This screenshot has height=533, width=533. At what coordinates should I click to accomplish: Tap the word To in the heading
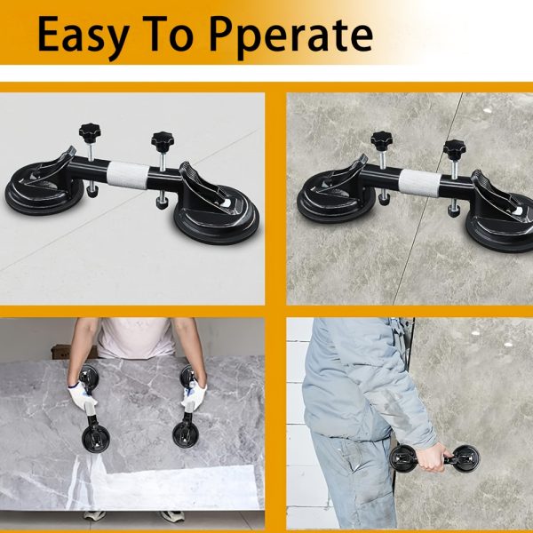click(170, 34)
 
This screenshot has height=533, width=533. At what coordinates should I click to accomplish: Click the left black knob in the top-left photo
click(91, 133)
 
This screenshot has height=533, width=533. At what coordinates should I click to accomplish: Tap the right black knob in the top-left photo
click(163, 140)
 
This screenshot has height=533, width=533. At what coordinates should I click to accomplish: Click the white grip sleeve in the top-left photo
click(128, 174)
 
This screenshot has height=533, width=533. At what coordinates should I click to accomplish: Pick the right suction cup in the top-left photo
click(217, 218)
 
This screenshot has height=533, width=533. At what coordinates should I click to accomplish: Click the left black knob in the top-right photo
click(381, 139)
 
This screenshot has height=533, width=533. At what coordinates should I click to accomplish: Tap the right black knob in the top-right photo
click(455, 148)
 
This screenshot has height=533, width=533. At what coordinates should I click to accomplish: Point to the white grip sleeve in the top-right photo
click(420, 182)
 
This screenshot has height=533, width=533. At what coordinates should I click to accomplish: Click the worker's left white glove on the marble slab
click(82, 396)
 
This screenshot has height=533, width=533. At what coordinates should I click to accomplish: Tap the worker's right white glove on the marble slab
click(194, 397)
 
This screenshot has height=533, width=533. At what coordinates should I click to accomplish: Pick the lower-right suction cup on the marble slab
click(186, 435)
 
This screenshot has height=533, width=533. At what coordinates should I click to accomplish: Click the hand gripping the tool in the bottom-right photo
click(431, 457)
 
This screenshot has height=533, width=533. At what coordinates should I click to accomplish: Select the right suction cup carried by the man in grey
click(465, 458)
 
